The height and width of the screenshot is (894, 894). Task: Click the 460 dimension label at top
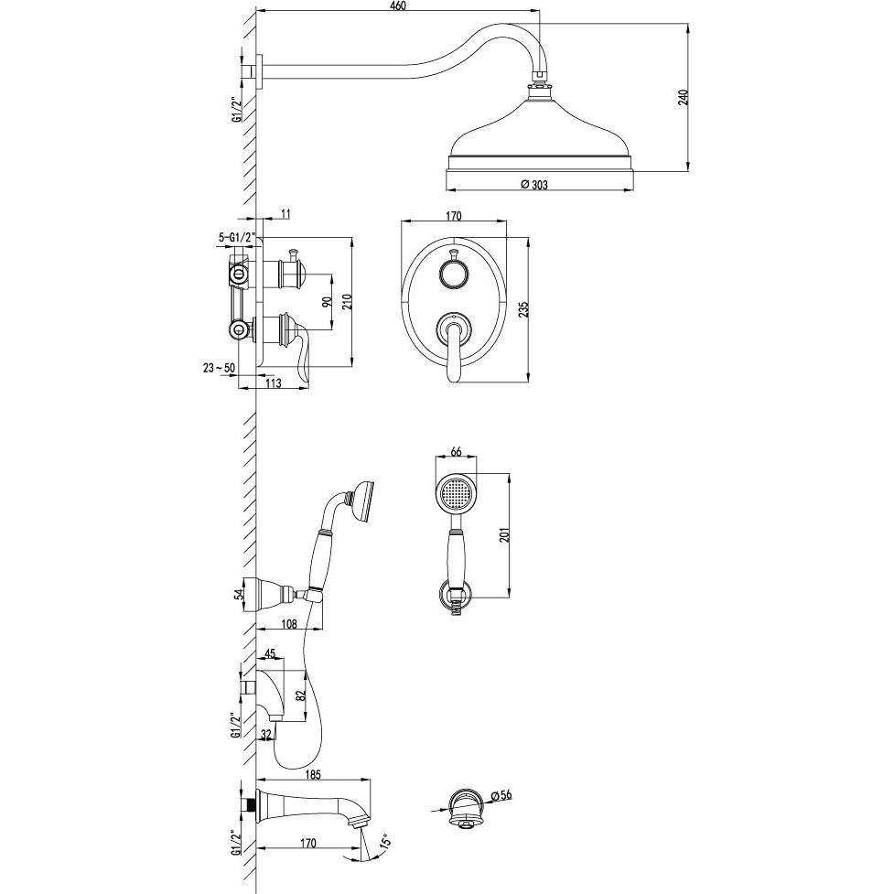pos(397,5)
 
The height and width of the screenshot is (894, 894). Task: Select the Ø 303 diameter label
pos(534,184)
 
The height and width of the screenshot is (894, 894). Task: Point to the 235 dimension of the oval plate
pos(524,309)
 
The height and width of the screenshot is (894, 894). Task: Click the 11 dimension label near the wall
pos(286,214)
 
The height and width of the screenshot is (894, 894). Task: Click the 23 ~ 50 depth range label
pos(219,368)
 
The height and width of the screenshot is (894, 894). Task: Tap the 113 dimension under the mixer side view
pos(274,383)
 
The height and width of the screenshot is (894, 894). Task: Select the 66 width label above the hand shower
pos(456,451)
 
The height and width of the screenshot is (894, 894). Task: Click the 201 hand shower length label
pos(504,534)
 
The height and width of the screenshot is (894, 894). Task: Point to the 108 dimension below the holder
pos(290,624)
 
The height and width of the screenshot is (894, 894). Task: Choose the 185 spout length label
pos(314,774)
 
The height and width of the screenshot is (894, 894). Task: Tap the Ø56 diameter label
pos(499,795)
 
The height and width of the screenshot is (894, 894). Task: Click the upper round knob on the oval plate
pos(453,273)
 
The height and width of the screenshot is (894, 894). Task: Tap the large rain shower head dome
pos(540,131)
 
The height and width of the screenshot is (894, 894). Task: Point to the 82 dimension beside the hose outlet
pos(302,695)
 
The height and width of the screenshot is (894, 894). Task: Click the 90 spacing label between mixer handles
pos(327,302)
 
